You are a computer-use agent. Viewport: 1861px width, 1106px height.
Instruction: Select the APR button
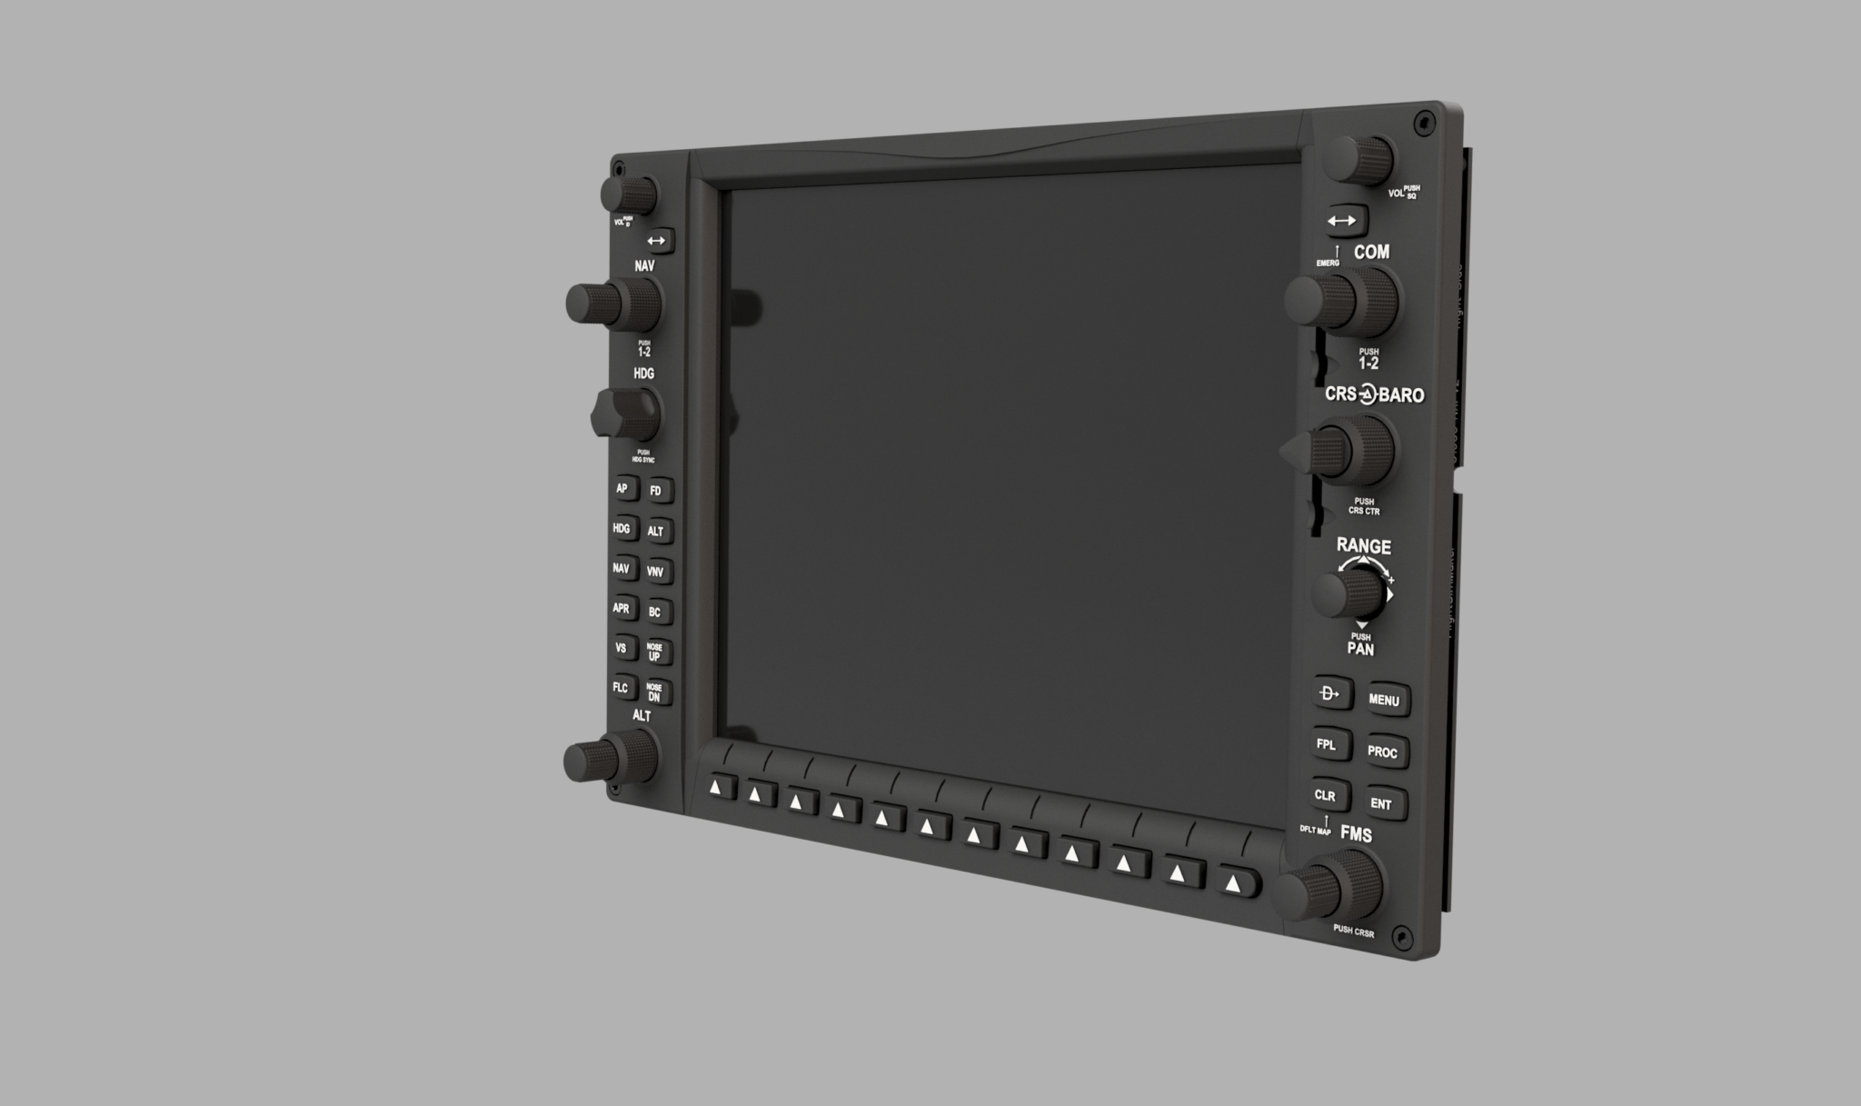(622, 608)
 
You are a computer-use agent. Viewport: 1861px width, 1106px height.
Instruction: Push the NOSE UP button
(655, 652)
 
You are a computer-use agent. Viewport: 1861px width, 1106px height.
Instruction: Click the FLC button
(621, 687)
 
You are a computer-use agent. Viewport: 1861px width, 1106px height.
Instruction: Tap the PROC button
(1383, 752)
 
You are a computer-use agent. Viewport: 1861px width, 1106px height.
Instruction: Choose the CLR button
(1326, 795)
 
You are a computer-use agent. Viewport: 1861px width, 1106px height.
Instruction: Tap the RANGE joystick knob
(1348, 594)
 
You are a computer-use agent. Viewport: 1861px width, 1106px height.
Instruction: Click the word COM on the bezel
(1371, 252)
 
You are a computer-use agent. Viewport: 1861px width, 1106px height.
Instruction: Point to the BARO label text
(1401, 395)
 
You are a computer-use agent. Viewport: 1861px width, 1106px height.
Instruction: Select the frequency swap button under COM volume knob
(1342, 221)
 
